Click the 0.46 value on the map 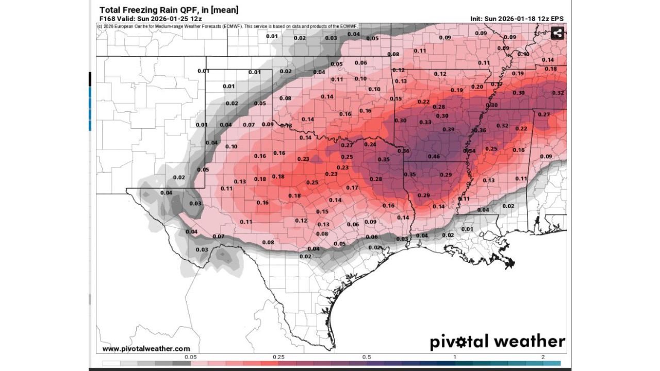click(434, 156)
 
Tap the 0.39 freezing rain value click(448, 129)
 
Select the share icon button click(557, 33)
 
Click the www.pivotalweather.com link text click(146, 349)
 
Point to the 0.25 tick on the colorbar click(278, 357)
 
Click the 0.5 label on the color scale click(367, 357)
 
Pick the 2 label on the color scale click(543, 357)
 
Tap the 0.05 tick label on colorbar click(190, 357)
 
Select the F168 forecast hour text click(107, 19)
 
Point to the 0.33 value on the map click(425, 122)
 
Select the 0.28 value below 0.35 click(376, 179)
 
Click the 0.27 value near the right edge click(544, 114)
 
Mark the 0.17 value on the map click(352, 188)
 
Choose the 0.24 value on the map click(370, 144)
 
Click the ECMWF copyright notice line click(227, 26)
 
